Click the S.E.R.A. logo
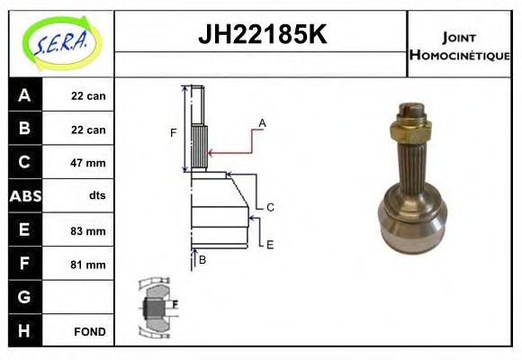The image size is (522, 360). click(x=58, y=42)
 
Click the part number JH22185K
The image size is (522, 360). click(x=261, y=35)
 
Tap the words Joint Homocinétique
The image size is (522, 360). click(x=459, y=45)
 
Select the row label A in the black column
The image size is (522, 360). click(x=24, y=95)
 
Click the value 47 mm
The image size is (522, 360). click(x=88, y=163)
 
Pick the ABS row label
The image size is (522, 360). click(x=24, y=196)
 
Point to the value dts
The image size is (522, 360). click(x=88, y=196)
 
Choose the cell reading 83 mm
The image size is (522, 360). click(x=88, y=230)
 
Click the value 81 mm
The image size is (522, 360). click(x=88, y=265)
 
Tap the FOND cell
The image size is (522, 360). click(x=88, y=332)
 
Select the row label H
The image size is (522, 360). click(x=24, y=332)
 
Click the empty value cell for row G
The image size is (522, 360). click(x=88, y=298)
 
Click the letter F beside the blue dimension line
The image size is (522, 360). click(x=174, y=133)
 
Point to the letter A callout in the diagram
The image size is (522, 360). click(x=262, y=122)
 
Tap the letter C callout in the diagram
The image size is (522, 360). click(x=269, y=207)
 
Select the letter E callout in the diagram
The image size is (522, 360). click(x=269, y=244)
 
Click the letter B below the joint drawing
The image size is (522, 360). click(x=202, y=260)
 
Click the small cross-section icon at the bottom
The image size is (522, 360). click(x=156, y=306)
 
